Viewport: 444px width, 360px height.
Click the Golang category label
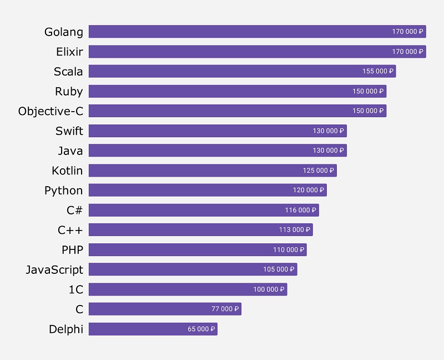pyautogui.click(x=64, y=32)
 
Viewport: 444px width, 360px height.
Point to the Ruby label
pyautogui.click(x=69, y=91)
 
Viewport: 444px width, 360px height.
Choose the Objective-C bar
pyautogui.click(x=237, y=111)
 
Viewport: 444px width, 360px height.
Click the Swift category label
pyautogui.click(x=69, y=131)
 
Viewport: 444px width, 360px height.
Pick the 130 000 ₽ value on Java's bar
pyautogui.click(x=329, y=151)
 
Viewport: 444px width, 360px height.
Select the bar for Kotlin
pyautogui.click(x=213, y=171)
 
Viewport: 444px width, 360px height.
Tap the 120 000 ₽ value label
pyautogui.click(x=309, y=190)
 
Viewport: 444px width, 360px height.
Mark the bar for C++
pyautogui.click(x=200, y=229)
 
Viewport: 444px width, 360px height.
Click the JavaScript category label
pyautogui.click(x=54, y=269)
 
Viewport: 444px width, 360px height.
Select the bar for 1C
pyautogui.click(x=188, y=289)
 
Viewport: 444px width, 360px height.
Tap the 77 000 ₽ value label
pyautogui.click(x=225, y=309)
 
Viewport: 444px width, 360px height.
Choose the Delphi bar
pyautogui.click(x=153, y=329)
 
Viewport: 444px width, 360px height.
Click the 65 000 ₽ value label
pyautogui.click(x=201, y=329)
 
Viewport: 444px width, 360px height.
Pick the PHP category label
pyautogui.click(x=72, y=249)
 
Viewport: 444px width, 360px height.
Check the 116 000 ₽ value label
pyautogui.click(x=301, y=210)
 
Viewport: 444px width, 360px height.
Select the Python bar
pyautogui.click(x=208, y=190)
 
